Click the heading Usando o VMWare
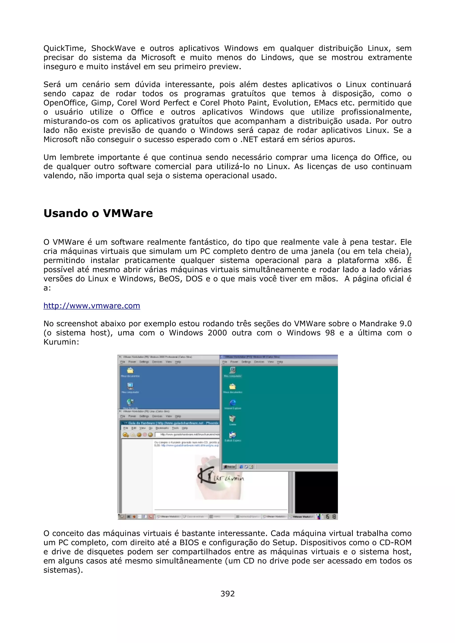tap(98, 213)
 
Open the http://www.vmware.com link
tap(92, 306)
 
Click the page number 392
tap(227, 594)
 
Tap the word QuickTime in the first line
tap(64, 48)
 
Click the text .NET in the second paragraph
tap(249, 140)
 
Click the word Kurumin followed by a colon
tap(61, 342)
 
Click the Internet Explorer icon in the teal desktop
tap(233, 403)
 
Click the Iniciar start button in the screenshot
tap(229, 467)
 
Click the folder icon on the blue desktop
tap(130, 371)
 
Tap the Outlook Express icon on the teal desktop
tap(233, 435)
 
